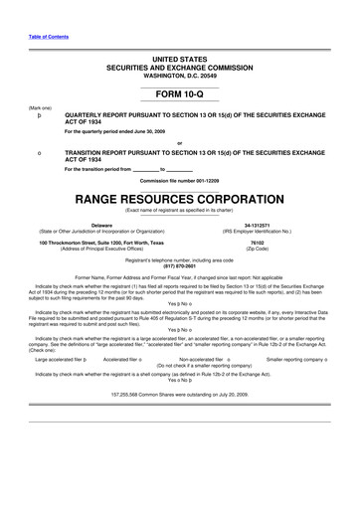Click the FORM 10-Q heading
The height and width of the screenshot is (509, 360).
click(x=179, y=93)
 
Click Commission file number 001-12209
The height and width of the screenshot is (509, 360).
click(x=179, y=181)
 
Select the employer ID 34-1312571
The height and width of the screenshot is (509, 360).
click(x=257, y=226)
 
